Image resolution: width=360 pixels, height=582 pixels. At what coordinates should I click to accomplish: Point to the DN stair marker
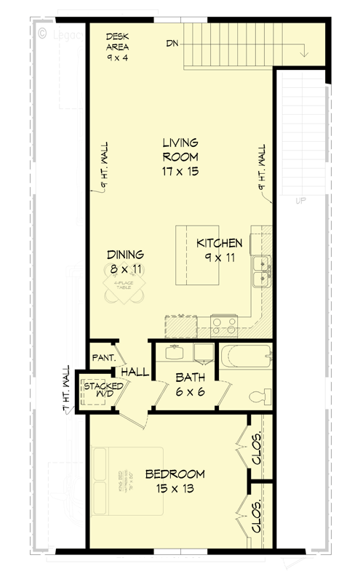pyautogui.click(x=172, y=44)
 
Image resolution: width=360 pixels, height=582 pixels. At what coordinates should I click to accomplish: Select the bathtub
pyautogui.click(x=247, y=359)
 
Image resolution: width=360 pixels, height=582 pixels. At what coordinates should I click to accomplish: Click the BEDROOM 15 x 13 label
pyautogui.click(x=174, y=481)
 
